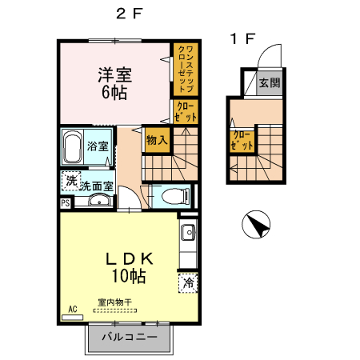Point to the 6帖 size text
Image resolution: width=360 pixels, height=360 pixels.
(x=115, y=93)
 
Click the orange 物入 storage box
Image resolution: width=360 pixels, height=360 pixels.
(x=157, y=139)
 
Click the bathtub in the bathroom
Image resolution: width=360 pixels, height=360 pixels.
(x=72, y=147)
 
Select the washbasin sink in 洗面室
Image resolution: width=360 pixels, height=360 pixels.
(x=98, y=201)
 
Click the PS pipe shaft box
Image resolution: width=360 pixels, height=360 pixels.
(x=65, y=203)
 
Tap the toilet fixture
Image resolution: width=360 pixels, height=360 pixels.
(x=170, y=196)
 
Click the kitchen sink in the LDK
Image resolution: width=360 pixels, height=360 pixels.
(x=187, y=234)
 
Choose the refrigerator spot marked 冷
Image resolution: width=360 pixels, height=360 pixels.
(x=188, y=282)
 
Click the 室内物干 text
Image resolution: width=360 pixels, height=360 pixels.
(x=114, y=302)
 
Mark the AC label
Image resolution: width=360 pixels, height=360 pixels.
(x=72, y=309)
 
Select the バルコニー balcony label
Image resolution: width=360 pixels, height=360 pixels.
(x=129, y=337)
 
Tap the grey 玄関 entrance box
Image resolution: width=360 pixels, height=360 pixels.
(x=270, y=82)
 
